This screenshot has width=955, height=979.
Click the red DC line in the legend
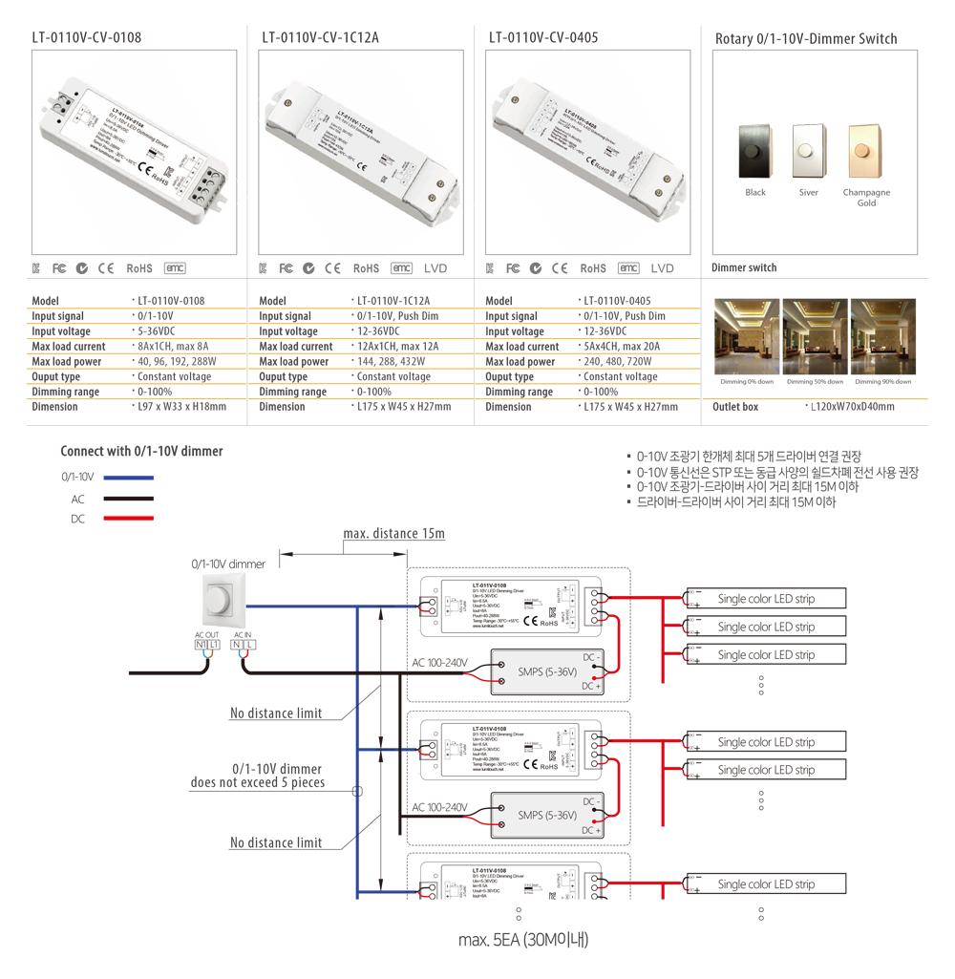coord(128,518)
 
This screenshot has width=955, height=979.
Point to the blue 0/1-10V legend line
coord(128,477)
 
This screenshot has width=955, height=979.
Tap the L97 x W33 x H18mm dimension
coord(180,407)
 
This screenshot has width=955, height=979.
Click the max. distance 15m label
coord(393,533)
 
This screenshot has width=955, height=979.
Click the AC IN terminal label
coord(244,634)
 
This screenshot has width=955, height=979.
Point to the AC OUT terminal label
coord(206,634)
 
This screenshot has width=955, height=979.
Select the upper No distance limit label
coord(276,713)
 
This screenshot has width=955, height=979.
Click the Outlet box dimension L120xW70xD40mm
coord(852,407)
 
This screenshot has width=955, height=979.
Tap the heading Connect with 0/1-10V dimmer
coord(141,451)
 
